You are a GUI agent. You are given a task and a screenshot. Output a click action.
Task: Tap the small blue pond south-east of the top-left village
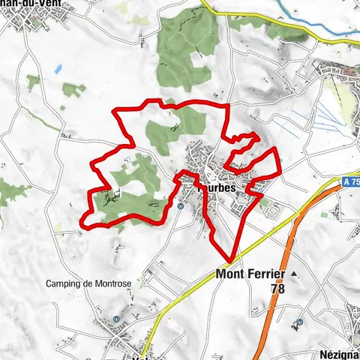coord(58,69)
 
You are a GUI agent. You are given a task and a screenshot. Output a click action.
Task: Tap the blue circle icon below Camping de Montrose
coord(117,319)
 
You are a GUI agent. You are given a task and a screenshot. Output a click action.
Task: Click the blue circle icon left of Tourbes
coord(181,205)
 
